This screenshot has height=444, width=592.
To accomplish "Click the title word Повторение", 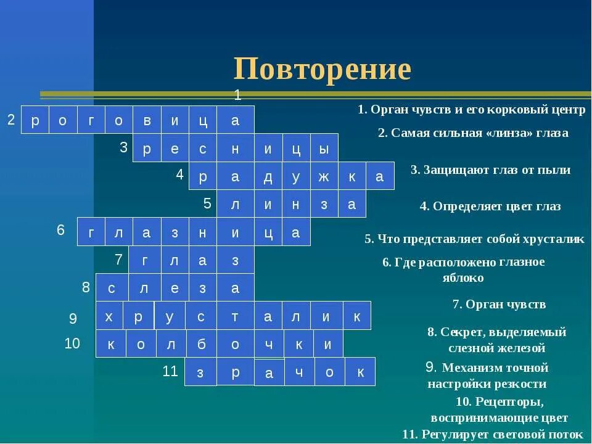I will [322, 69].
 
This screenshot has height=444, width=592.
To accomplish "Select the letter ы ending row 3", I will [323, 149].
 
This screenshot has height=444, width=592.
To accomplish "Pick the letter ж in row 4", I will [324, 177].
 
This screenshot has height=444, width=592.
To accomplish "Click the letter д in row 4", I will [268, 177].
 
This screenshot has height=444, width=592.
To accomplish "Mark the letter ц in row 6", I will [268, 232].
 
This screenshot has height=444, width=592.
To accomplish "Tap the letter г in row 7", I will [145, 261].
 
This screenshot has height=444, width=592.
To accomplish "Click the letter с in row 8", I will [112, 288].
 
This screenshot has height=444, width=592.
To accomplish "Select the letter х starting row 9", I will [109, 316].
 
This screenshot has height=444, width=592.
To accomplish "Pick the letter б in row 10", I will [202, 345].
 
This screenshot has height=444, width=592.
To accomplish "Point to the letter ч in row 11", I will [299, 372].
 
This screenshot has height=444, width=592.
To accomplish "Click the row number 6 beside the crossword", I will [60, 230].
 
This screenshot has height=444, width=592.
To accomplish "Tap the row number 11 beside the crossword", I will [170, 371].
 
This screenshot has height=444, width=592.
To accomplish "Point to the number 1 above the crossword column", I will [237, 95].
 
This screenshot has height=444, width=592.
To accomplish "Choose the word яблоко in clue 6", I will [462, 277].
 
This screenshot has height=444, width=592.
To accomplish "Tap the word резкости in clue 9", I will [522, 384].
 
